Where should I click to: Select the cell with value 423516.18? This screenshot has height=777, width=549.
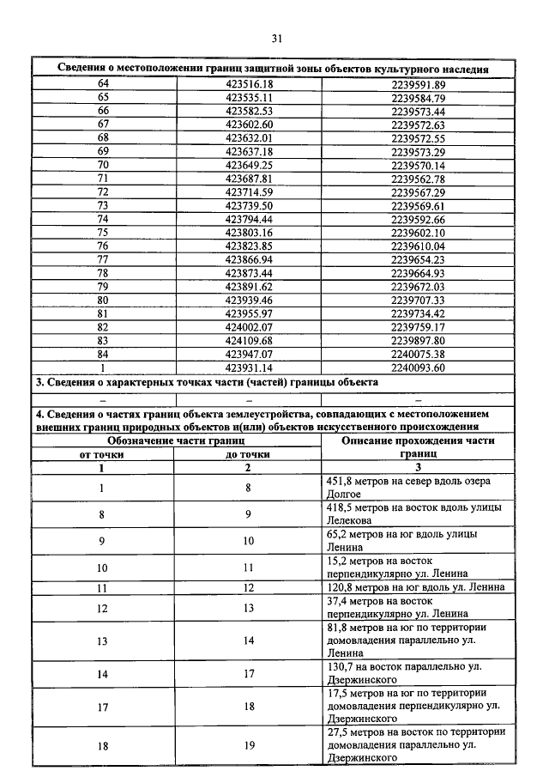[249, 84]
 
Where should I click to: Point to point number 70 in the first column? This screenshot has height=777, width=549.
[104, 165]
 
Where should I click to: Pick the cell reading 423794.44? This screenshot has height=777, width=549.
[249, 219]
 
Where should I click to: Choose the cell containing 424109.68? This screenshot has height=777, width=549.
[249, 340]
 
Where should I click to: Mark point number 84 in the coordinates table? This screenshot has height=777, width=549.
[104, 354]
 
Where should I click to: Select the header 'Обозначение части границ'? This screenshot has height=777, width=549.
[175, 440]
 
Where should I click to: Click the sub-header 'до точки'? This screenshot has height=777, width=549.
[248, 455]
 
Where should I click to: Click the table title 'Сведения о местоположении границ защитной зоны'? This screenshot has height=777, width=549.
[274, 68]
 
